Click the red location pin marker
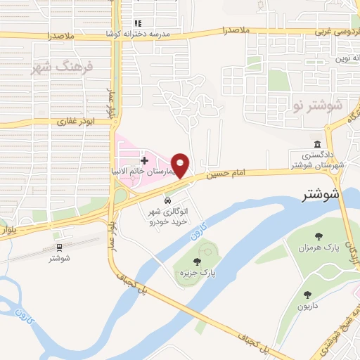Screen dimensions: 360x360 click(x=181, y=165)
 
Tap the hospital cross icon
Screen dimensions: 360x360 click(x=145, y=161)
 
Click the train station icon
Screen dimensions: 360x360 click(x=59, y=247)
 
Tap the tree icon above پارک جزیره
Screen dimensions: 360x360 click(x=206, y=262)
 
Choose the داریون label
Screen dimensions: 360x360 click(x=307, y=306)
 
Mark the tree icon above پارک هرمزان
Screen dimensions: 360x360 click(x=319, y=237)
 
